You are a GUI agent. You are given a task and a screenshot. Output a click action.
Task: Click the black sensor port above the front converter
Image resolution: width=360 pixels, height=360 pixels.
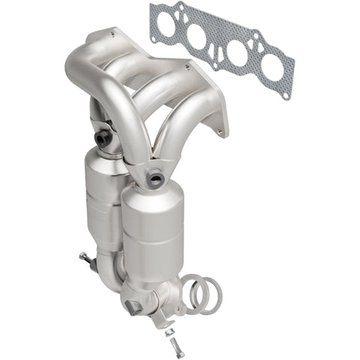pyautogui.click(x=156, y=177)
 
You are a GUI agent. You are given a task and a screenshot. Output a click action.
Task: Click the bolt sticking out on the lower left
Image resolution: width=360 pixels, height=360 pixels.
pyautogui.click(x=85, y=259)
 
